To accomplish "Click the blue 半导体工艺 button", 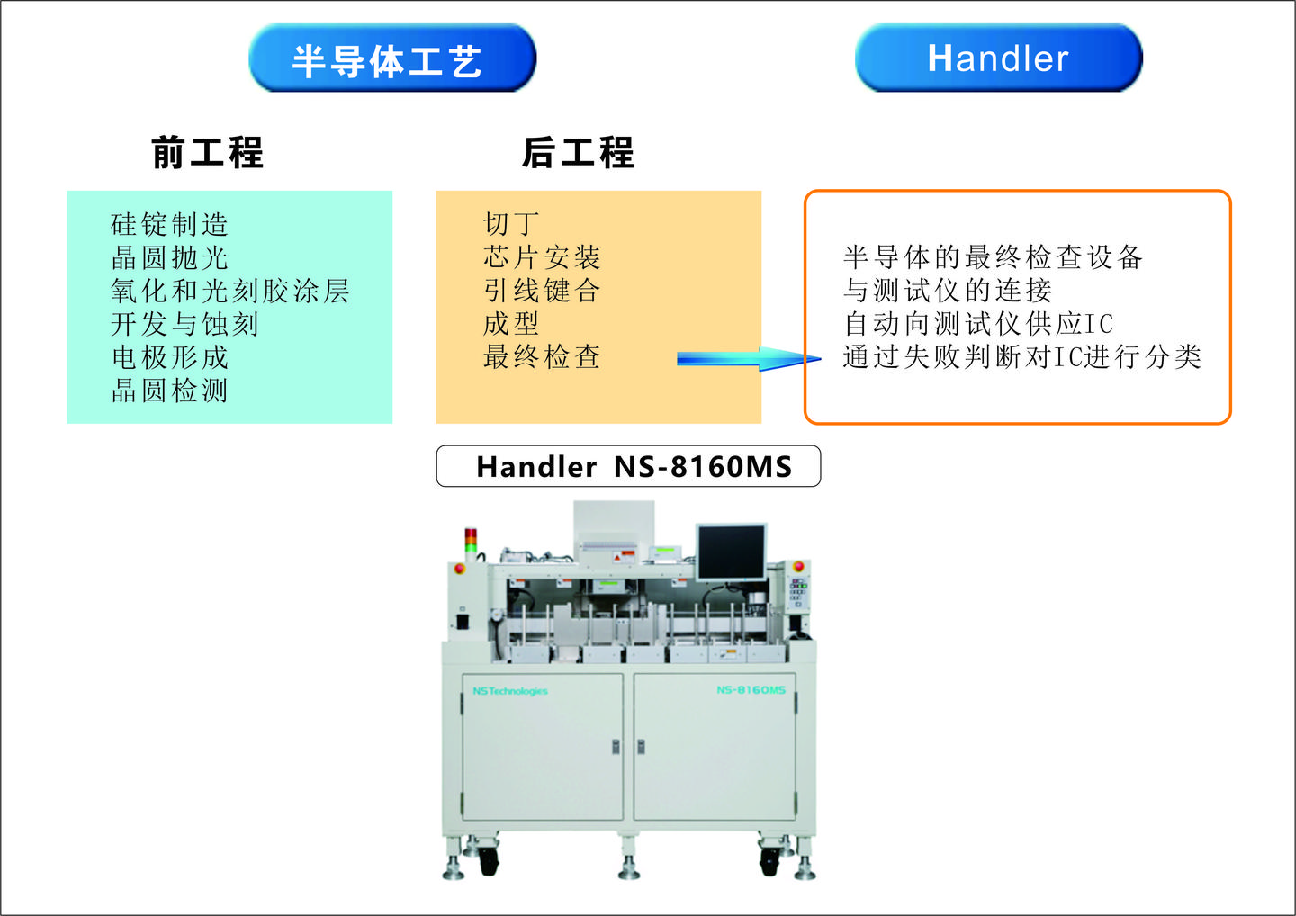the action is click(x=392, y=59).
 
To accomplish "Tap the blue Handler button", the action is click(x=998, y=59).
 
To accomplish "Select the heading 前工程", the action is click(x=207, y=152).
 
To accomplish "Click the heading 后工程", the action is click(x=578, y=152).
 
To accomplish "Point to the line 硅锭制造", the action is click(x=169, y=224).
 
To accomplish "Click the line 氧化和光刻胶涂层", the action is click(x=229, y=291).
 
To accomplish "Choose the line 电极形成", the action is click(x=169, y=357).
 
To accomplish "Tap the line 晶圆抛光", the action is click(x=169, y=257).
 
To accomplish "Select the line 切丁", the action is click(x=511, y=224).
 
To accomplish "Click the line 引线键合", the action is click(x=541, y=291).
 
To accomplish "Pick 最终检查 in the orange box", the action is click(x=541, y=357).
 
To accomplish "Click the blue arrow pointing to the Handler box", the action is click(x=747, y=360).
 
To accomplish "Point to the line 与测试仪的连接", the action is click(x=947, y=291).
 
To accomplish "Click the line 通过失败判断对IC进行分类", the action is click(x=1021, y=357).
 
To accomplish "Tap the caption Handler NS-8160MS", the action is click(x=628, y=466).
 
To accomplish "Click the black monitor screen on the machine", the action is click(x=731, y=552).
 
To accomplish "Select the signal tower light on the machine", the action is click(x=470, y=541).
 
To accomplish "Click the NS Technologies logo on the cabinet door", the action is click(x=510, y=691).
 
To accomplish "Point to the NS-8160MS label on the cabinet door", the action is click(x=751, y=690).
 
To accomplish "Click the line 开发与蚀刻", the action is click(x=184, y=324).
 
